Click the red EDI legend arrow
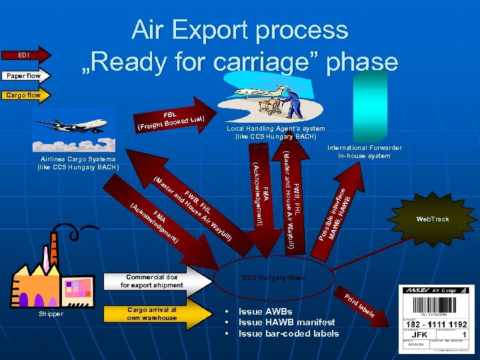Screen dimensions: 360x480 (x=25, y=55)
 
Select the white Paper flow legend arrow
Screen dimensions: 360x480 (x=25, y=75)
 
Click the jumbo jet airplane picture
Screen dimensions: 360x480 (x=72, y=125)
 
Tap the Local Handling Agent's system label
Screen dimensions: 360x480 (x=275, y=132)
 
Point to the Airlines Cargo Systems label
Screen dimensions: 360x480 (x=77, y=163)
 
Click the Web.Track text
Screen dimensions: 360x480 (x=432, y=219)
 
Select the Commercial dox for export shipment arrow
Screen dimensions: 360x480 (x=153, y=281)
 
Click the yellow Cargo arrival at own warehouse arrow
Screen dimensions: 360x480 (x=153, y=313)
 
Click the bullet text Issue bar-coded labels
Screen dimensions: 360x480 (x=288, y=333)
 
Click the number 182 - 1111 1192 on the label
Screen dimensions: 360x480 (x=437, y=324)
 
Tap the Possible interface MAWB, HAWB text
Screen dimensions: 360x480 (x=340, y=213)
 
